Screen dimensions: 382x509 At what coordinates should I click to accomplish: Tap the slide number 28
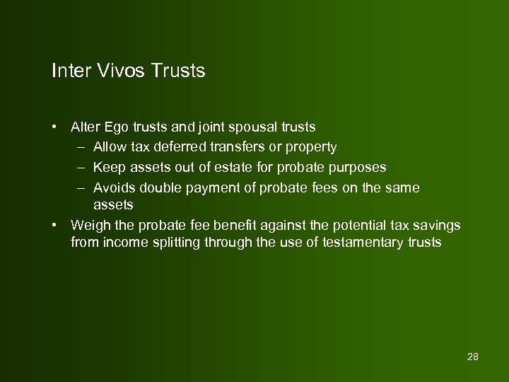click(x=473, y=356)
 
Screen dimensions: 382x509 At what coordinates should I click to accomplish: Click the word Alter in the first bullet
click(x=85, y=127)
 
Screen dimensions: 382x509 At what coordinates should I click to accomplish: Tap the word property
click(x=309, y=148)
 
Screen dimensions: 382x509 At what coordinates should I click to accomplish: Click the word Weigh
click(x=88, y=226)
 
